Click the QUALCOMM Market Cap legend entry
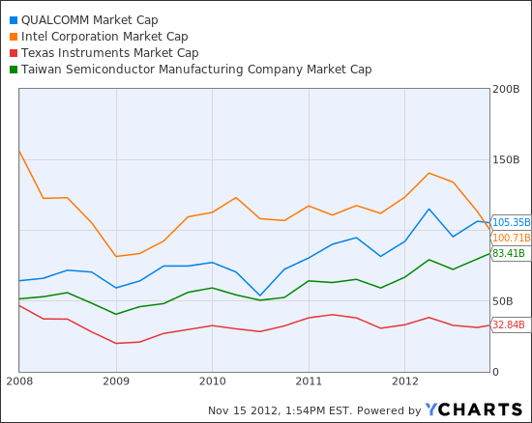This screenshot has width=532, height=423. coord(89,19)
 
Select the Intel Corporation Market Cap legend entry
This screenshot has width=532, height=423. coord(104,36)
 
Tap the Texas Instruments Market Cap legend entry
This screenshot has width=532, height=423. coord(109,52)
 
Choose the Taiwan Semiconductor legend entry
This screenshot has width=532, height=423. coord(196,69)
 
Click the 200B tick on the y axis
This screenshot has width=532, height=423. coord(507,89)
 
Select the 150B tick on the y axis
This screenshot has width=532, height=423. coord(507,159)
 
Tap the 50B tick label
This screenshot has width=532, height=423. coord(504,301)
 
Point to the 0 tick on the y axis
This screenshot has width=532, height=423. coord(496,372)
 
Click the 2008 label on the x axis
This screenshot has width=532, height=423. coord(19,381)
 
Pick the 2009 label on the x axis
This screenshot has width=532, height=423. coord(116,381)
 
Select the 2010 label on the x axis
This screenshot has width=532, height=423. coord(212,381)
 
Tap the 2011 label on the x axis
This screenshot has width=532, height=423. coord(309,381)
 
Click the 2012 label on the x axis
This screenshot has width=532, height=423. coord(404,381)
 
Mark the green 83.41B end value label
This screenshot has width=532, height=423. coord(509,253)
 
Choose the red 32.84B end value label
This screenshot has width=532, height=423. coord(509,324)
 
